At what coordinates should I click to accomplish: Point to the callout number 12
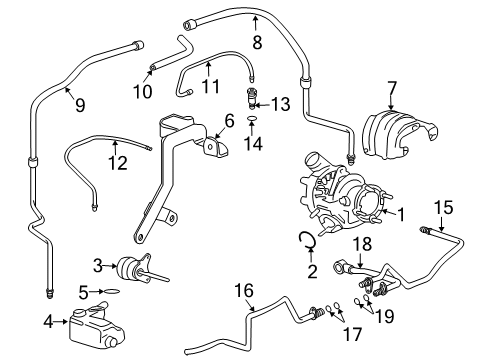[x=119, y=162]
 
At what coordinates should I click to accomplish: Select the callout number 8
[x=257, y=43]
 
